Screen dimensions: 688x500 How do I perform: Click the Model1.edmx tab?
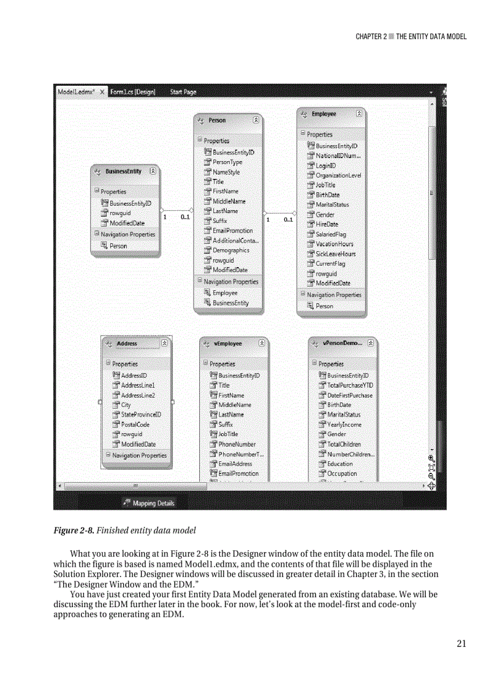[x=75, y=92]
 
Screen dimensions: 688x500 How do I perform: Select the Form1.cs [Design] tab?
[x=132, y=92]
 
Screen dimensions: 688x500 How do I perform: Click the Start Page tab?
[x=183, y=92]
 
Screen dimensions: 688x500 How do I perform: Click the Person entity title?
[x=217, y=121]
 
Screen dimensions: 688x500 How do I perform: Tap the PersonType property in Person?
[x=227, y=162]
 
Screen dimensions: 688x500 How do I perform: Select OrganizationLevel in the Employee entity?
[x=338, y=175]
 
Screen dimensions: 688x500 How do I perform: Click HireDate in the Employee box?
[x=327, y=224]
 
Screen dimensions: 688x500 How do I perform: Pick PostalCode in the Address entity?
[x=135, y=425]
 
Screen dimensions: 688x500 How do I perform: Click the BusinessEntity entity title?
[x=123, y=172]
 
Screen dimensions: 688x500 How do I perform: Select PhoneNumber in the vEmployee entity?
[x=237, y=444]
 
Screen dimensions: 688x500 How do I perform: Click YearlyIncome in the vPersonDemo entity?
[x=344, y=425]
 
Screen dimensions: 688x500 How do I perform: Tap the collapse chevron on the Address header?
[x=164, y=344]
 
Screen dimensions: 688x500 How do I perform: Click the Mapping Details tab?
[x=153, y=503]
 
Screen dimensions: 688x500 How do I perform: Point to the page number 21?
[x=461, y=643]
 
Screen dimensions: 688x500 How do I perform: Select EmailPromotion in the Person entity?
[x=232, y=231]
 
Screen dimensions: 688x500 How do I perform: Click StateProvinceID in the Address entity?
[x=141, y=415]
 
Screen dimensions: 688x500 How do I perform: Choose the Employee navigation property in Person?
[x=224, y=293]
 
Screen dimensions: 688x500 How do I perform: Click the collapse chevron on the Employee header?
[x=359, y=114]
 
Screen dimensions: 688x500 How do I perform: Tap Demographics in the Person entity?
[x=230, y=251]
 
